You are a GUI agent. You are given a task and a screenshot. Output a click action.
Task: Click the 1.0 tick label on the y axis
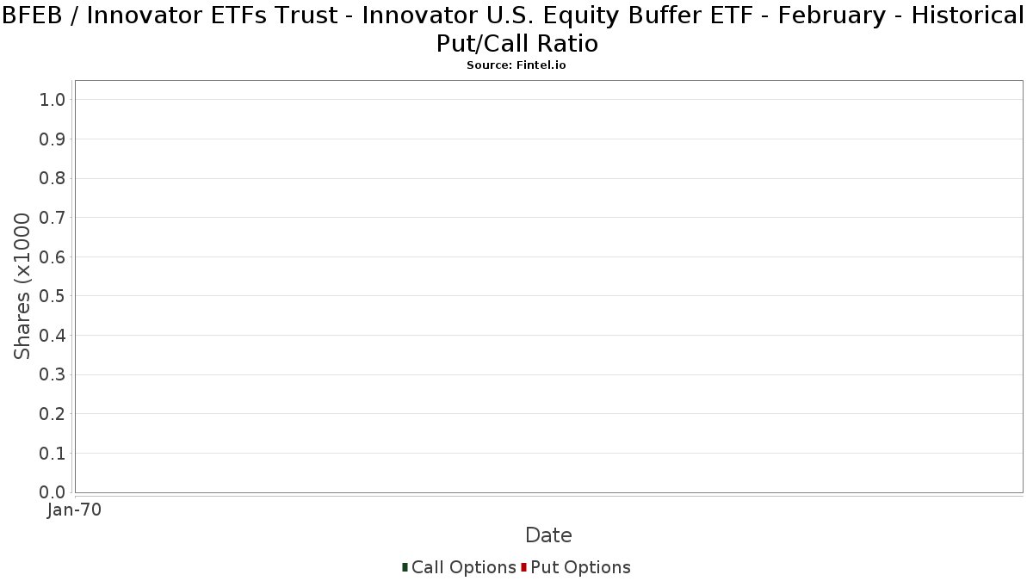point(53,100)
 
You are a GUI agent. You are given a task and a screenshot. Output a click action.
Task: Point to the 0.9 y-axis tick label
point(53,139)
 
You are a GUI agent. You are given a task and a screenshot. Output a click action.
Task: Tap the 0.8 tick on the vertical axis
point(53,178)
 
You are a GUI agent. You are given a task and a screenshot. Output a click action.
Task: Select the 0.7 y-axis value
point(53,217)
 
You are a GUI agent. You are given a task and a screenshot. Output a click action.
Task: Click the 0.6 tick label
point(53,257)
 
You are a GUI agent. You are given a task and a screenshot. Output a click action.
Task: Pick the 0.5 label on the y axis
point(53,296)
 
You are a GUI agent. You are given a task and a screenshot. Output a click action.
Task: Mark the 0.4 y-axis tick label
point(53,335)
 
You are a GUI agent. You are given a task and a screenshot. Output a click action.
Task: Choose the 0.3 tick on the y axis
point(53,374)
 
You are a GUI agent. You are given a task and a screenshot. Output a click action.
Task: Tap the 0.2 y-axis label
point(53,414)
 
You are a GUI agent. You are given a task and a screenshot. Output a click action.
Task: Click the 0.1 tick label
point(53,454)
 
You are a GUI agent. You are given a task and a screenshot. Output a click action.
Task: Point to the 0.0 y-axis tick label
point(53,492)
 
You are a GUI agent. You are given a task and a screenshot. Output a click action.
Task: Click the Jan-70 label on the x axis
point(74,510)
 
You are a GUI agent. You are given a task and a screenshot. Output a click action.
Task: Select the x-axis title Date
point(549,535)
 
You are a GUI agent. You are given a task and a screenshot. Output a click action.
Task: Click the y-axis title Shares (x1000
point(22,287)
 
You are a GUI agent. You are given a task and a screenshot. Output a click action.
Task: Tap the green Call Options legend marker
point(405,567)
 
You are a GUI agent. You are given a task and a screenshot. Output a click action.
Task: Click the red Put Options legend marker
point(524,567)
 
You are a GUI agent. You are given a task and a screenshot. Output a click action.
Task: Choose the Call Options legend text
point(463,567)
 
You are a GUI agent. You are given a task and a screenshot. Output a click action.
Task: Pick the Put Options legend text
point(580,567)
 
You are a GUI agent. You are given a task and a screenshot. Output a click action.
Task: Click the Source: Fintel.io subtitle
point(516,65)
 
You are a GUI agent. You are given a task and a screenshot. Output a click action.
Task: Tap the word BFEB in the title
point(33,15)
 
